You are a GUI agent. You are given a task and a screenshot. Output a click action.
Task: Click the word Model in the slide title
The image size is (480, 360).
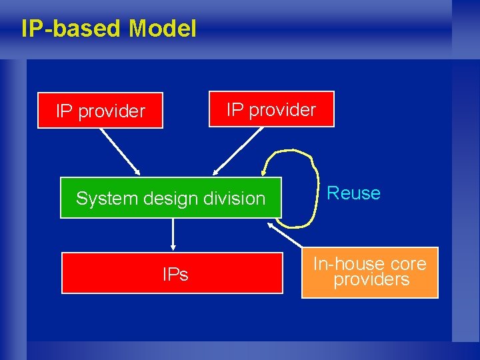(x=163, y=29)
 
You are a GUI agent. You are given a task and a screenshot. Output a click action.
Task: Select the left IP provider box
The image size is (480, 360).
(x=100, y=110)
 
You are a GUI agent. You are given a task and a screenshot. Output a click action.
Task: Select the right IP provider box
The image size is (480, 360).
(x=271, y=109)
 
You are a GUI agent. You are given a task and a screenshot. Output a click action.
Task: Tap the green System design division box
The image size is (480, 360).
(x=171, y=198)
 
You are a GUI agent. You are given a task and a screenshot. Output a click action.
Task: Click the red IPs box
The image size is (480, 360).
(x=172, y=273)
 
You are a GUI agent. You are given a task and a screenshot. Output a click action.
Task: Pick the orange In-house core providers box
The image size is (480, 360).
(x=370, y=272)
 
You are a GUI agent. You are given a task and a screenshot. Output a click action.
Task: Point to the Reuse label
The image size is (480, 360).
(x=353, y=193)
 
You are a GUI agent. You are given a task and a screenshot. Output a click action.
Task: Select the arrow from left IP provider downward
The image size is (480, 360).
(x=119, y=151)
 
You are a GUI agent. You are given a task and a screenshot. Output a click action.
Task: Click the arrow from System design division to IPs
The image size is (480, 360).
(x=173, y=234)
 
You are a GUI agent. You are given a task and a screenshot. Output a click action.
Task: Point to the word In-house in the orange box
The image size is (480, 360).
(x=341, y=264)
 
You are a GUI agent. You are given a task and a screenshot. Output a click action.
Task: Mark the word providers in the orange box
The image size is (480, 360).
(x=371, y=280)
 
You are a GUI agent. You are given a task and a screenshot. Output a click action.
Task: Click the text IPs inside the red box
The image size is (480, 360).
(x=175, y=274)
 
